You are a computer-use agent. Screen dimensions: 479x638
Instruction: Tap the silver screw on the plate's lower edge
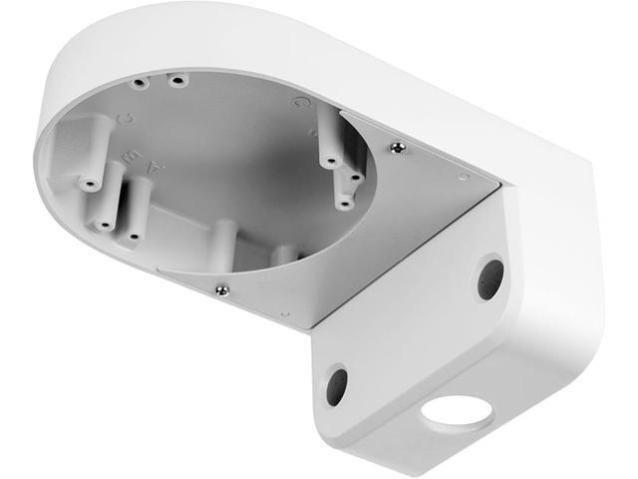(221, 290)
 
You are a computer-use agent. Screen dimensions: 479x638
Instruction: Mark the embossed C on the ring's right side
(297, 102)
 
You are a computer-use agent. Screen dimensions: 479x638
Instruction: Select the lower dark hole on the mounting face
(336, 385)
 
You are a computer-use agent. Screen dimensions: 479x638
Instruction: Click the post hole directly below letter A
(133, 236)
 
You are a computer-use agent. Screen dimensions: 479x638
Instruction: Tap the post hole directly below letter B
(103, 225)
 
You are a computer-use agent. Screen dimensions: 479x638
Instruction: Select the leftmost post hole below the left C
(88, 183)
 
